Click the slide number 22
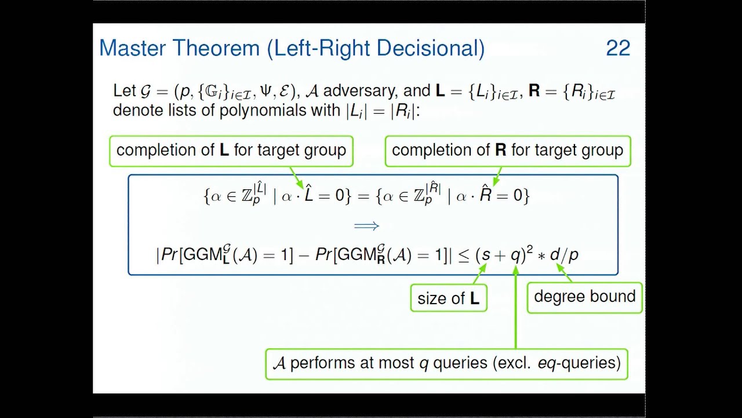pyautogui.click(x=618, y=48)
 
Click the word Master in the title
pyautogui.click(x=134, y=48)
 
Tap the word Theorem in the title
pyautogui.click(x=217, y=48)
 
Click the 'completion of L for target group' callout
pyautogui.click(x=231, y=150)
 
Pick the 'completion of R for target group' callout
pyautogui.click(x=507, y=150)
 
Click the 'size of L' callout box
pyautogui.click(x=448, y=298)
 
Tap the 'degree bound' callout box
pyautogui.click(x=584, y=297)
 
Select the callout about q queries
pyautogui.click(x=446, y=363)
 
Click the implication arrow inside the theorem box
pyautogui.click(x=366, y=226)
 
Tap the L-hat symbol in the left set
pyautogui.click(x=309, y=194)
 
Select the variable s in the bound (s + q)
pyautogui.click(x=486, y=255)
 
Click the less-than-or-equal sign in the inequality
pyautogui.click(x=464, y=255)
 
